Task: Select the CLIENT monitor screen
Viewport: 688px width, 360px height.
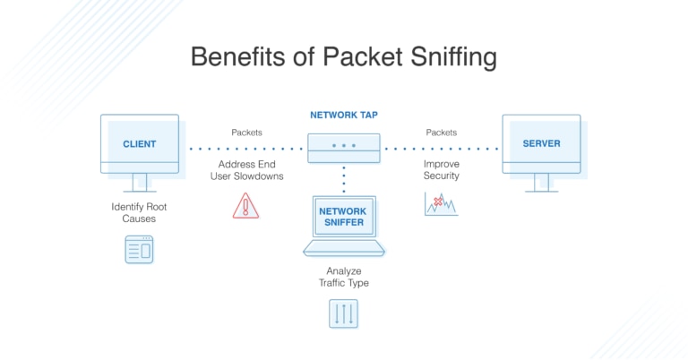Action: coord(139,143)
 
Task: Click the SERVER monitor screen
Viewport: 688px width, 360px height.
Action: coord(540,143)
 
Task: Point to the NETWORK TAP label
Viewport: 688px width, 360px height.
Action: coord(344,116)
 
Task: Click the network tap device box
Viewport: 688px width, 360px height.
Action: coord(344,147)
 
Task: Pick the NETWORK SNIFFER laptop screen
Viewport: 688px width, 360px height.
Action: coord(344,218)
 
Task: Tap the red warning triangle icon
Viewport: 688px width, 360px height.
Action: coord(245,206)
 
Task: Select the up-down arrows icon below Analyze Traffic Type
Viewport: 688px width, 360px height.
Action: coord(343,313)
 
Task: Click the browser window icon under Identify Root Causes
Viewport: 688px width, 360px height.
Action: coord(139,249)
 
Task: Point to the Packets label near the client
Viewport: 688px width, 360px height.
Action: coord(246,133)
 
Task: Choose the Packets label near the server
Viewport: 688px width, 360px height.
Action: coord(441,133)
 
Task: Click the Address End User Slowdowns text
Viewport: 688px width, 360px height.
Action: coord(246,170)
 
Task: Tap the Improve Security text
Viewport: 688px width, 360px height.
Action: coord(442,170)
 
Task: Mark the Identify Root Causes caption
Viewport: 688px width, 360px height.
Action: coord(139,212)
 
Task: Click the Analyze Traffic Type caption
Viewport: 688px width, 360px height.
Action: coord(344,277)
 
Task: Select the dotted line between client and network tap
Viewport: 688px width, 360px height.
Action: coord(245,148)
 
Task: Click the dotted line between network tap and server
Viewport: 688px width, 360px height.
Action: coord(441,148)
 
